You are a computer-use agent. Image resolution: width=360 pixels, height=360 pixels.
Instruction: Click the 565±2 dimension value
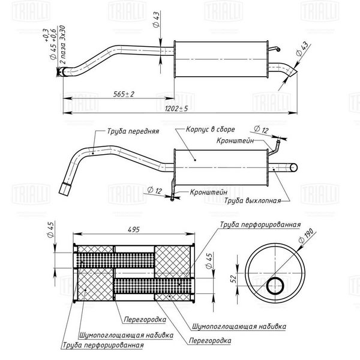point(124,94)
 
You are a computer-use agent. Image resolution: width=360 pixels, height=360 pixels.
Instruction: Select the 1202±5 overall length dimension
point(176,109)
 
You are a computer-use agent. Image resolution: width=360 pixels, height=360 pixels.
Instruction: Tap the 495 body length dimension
point(134,230)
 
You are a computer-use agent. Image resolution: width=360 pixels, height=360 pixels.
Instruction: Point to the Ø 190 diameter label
point(307,236)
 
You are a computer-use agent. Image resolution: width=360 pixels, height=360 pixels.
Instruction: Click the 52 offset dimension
point(233,279)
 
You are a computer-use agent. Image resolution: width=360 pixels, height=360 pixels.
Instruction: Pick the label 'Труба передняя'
point(133,131)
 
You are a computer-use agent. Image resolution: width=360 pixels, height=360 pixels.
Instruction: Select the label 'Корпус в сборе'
point(211,129)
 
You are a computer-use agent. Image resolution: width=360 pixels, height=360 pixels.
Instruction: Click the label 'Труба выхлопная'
point(253,200)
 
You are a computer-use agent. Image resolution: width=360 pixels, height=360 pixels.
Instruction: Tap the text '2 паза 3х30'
point(62,44)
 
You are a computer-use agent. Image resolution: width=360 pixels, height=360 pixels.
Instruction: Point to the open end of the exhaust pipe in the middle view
point(293,168)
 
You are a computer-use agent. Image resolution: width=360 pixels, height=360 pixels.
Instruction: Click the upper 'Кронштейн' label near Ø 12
point(235,140)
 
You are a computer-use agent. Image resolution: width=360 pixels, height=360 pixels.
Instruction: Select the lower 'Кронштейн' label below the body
point(209,192)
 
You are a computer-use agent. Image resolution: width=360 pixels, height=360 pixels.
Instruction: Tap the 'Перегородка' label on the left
point(145,319)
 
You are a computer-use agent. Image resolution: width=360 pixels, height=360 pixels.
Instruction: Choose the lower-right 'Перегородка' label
point(210,340)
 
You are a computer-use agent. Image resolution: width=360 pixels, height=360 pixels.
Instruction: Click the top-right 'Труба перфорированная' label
point(260,224)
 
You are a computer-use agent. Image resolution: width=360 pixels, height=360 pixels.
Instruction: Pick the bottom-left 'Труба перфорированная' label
point(103,345)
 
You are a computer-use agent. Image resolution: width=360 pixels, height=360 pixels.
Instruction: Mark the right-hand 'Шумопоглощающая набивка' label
point(239,326)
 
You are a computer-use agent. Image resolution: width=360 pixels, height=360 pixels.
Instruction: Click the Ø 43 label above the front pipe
point(156,20)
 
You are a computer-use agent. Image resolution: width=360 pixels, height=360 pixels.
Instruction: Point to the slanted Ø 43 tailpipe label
point(302,49)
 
